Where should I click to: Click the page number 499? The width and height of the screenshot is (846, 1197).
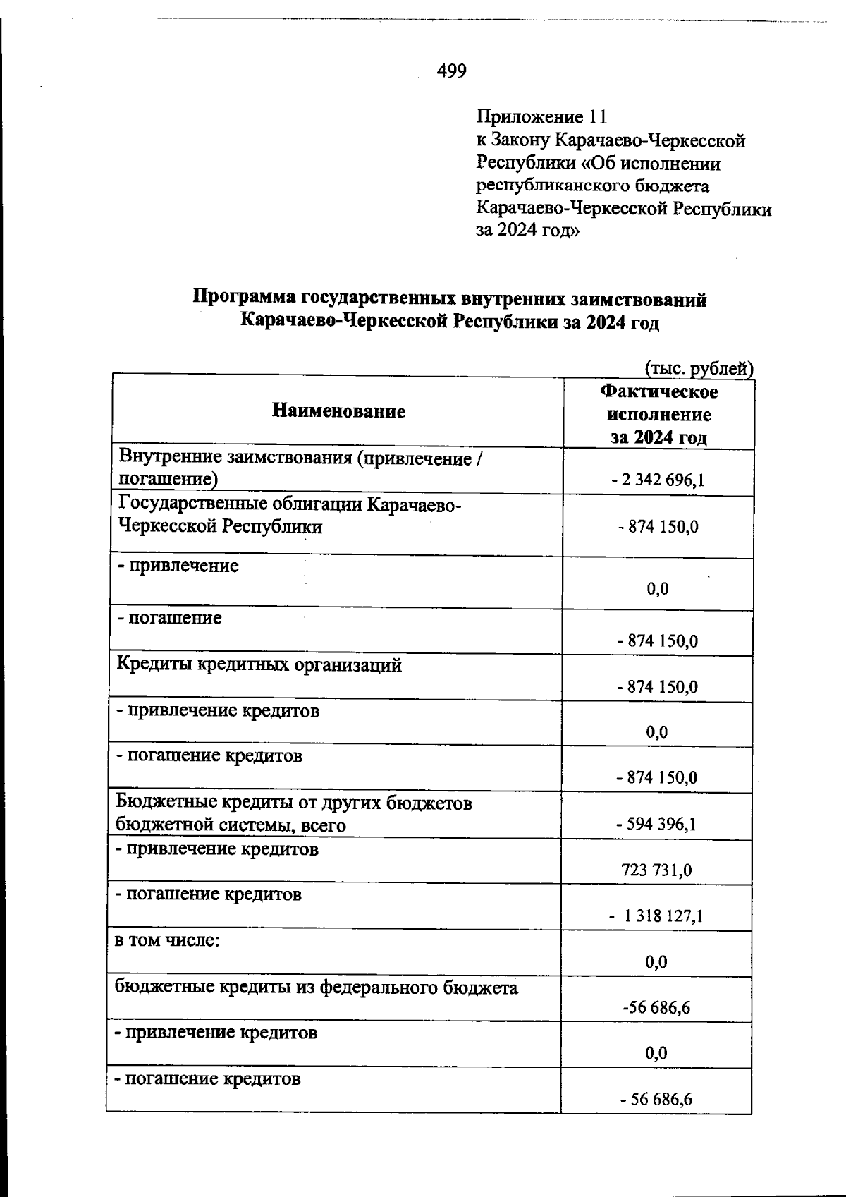coord(451,71)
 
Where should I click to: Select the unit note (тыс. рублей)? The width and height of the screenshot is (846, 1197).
coord(699,368)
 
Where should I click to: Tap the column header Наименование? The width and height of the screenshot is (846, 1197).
coord(338,411)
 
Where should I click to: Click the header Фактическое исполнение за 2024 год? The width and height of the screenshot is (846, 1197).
coord(658,414)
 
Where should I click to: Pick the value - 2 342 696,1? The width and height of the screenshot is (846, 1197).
coord(658,481)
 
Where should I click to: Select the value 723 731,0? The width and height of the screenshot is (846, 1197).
coord(656,870)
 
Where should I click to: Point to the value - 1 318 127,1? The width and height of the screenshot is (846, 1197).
coord(656,916)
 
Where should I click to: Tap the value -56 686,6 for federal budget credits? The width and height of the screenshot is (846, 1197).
coord(656,1008)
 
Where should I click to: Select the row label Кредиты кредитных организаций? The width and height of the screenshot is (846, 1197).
coord(259,665)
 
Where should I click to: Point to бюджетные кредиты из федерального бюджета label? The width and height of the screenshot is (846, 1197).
coord(316,988)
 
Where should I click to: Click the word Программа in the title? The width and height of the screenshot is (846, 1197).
coord(244,299)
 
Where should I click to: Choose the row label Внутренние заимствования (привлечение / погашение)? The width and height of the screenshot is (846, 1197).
coord(301,468)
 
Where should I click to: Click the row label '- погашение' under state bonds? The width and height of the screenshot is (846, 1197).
coord(169,619)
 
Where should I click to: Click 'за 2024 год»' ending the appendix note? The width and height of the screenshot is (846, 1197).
coord(528,231)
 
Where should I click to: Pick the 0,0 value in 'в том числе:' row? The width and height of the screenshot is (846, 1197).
coord(656,962)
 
